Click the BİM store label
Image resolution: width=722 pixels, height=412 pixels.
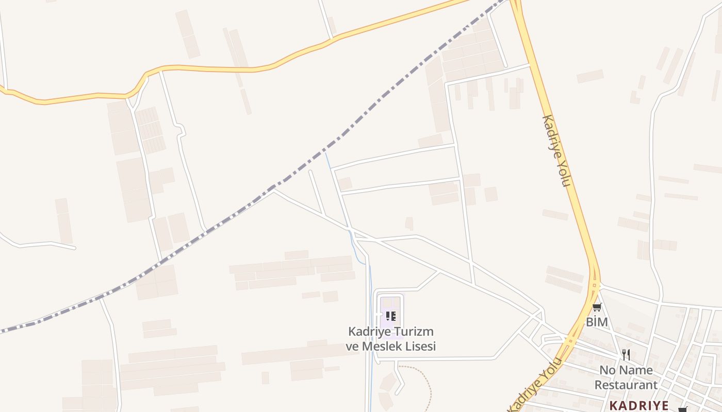coord(597,322)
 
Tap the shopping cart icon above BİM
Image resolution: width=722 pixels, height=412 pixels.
coord(597,307)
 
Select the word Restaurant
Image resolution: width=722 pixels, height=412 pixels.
coord(626,385)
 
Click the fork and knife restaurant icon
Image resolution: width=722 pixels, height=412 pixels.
coord(626,354)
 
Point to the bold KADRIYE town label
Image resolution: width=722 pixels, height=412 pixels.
coord(639,405)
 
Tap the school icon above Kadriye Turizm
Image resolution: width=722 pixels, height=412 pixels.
coord(390,316)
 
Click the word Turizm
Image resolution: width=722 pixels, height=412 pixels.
coord(414,331)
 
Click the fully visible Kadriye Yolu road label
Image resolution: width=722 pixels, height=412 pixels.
coord(556,150)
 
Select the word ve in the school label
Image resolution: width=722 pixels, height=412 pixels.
coord(353,346)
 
